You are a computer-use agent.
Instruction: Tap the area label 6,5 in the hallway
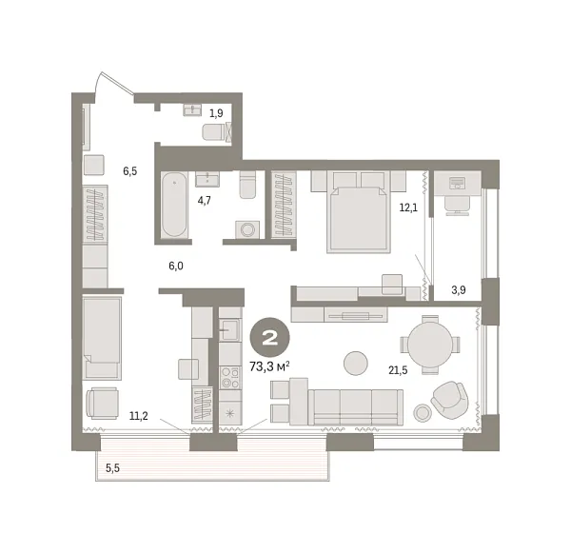[129, 171]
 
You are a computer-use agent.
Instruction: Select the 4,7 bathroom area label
[205, 201]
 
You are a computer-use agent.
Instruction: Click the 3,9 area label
[457, 289]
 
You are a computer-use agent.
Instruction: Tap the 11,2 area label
[139, 415]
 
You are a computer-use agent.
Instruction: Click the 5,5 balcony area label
[113, 467]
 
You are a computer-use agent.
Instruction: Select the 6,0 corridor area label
[176, 267]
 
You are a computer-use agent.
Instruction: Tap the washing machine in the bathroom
[249, 229]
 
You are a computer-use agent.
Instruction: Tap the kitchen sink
[229, 329]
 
